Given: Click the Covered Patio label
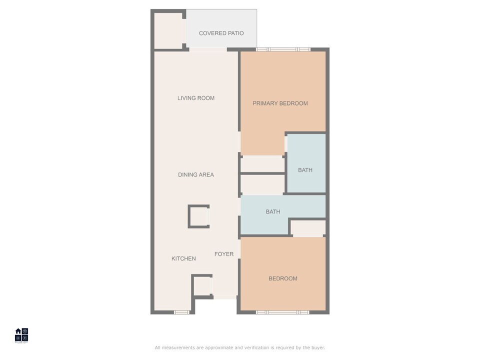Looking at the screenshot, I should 221,33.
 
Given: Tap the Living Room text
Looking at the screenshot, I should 196,98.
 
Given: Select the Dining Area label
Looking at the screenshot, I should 196,174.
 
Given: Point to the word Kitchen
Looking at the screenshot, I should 183,258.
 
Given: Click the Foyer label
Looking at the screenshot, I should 224,254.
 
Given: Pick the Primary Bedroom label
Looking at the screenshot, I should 280,103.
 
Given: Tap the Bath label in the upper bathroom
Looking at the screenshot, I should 305,170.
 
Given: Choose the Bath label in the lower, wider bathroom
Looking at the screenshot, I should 273,211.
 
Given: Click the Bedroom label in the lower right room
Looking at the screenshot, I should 283,278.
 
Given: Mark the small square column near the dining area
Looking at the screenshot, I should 198,216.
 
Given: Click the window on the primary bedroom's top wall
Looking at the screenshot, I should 283,49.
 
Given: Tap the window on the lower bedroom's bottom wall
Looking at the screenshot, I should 282,312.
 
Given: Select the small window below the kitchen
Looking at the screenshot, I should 182,312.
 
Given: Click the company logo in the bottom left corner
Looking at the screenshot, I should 21,334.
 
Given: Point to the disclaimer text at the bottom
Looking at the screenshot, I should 240,347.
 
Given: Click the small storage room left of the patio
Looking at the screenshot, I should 168,30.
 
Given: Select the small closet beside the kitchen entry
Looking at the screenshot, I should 202,286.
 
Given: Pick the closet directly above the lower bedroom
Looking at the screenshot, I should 308,228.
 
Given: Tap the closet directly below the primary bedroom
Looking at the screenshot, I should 262,163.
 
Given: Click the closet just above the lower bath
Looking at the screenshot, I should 262,184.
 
